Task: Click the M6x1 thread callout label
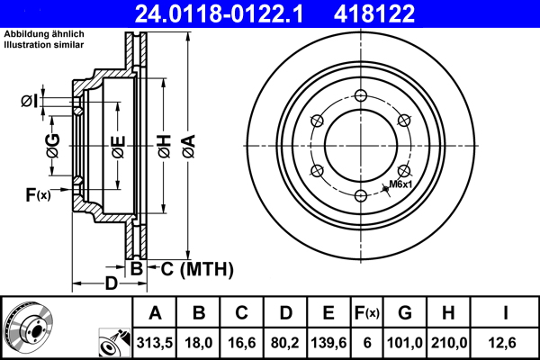point(400,184)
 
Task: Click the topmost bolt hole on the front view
point(360,98)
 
